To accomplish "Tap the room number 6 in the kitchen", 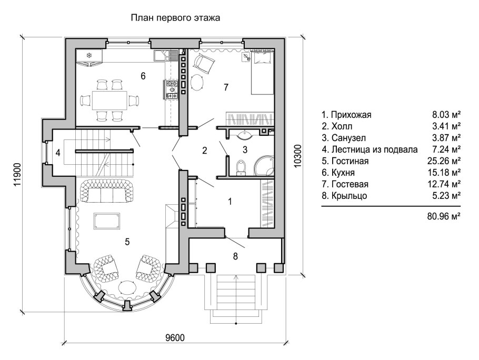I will click(143, 76).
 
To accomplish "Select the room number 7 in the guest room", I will click(226, 87).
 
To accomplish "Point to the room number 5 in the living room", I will click(127, 242).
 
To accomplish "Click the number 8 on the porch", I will click(235, 256).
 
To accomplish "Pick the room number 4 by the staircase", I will click(58, 154).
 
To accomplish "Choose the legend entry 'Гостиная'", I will click(350, 161).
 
